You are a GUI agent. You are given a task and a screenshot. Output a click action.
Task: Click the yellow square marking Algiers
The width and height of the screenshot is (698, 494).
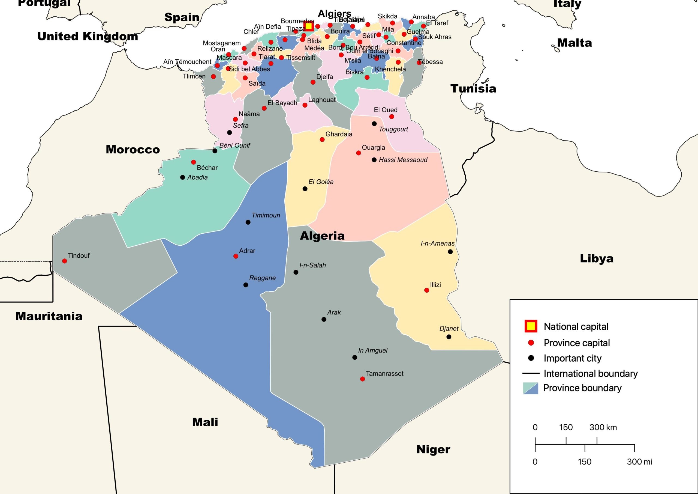click(x=309, y=26)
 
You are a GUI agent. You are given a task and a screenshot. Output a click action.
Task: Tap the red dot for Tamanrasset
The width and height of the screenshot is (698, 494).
click(x=362, y=379)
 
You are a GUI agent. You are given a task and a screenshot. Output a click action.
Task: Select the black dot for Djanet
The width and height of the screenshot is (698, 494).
click(x=449, y=337)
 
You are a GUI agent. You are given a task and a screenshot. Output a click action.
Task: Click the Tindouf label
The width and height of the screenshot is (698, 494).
click(x=79, y=255)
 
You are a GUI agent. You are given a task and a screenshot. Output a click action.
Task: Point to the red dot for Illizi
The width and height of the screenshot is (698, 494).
click(x=426, y=290)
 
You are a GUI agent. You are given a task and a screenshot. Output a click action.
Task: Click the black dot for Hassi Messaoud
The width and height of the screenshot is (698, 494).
click(x=374, y=160)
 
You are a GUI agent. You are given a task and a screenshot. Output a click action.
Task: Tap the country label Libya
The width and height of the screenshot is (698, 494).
click(x=597, y=258)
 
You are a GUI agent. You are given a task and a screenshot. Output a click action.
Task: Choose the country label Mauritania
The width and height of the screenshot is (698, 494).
click(x=49, y=316)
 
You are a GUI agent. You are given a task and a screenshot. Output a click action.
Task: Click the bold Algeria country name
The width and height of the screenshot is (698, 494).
click(x=322, y=236)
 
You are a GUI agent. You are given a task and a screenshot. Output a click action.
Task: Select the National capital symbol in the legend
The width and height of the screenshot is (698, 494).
click(x=531, y=326)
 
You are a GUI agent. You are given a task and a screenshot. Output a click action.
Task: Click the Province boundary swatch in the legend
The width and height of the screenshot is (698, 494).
click(x=531, y=388)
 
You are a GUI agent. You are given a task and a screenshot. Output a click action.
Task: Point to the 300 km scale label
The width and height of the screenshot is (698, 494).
click(x=603, y=427)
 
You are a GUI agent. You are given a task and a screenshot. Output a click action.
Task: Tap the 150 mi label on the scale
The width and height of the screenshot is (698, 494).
click(x=584, y=462)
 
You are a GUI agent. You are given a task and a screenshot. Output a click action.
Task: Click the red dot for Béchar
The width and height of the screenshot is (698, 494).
click(x=193, y=162)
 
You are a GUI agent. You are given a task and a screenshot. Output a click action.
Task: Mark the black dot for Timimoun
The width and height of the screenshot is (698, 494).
click(x=248, y=222)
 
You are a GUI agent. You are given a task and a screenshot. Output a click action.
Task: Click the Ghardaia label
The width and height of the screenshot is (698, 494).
click(x=339, y=134)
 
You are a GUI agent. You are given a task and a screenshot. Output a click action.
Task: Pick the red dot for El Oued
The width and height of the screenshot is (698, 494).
click(x=392, y=117)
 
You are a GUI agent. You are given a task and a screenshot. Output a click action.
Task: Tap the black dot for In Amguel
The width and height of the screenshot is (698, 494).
click(x=354, y=357)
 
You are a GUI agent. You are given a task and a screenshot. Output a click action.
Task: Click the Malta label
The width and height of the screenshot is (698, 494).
click(x=574, y=43)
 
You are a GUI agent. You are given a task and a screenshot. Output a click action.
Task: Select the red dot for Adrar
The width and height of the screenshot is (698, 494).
click(x=236, y=256)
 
